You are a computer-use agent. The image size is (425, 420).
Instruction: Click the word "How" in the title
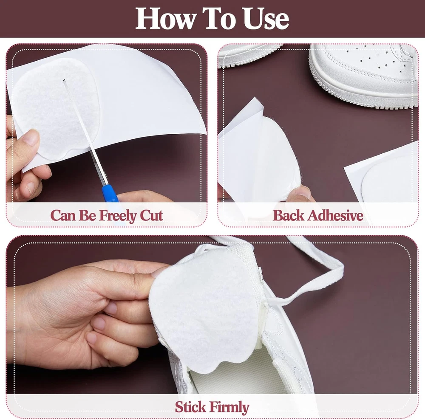click(x=165, y=18)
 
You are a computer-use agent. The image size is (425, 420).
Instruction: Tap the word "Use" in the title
click(x=266, y=18)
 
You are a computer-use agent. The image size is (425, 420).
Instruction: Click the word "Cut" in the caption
click(x=151, y=216)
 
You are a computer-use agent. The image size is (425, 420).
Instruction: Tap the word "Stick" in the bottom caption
click(x=190, y=407)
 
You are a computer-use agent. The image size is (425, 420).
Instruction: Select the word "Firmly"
click(x=229, y=407)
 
